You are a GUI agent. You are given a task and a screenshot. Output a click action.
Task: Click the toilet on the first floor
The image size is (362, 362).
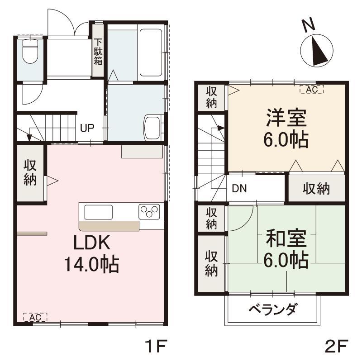(x=30, y=51)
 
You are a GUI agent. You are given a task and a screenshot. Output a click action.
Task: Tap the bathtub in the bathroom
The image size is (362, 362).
(x=151, y=52)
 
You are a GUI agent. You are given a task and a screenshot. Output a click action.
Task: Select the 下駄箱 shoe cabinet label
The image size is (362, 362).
(x=98, y=52)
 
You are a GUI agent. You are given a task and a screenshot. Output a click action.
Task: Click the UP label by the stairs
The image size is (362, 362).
(x=87, y=128)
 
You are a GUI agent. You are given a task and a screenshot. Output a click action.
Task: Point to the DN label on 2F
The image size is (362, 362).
(x=239, y=188)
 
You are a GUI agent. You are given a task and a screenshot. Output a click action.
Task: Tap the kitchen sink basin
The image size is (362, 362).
(x=99, y=212)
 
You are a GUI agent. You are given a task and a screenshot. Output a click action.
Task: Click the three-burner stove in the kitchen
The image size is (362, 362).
(x=149, y=211)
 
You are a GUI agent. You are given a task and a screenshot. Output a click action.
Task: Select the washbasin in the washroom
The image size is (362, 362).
(x=152, y=128)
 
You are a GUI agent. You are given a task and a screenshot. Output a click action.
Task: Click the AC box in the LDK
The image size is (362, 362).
(x=35, y=317)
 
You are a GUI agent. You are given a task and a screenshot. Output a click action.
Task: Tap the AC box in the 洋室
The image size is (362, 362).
(x=312, y=90)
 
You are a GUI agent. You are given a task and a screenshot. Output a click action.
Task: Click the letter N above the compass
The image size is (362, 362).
(x=309, y=24)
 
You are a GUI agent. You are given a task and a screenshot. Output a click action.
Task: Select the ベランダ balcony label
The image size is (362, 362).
(x=272, y=309)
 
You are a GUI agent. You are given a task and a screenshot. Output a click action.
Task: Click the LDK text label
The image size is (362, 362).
(x=92, y=243)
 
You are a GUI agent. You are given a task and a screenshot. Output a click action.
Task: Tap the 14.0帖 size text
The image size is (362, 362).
(x=92, y=264)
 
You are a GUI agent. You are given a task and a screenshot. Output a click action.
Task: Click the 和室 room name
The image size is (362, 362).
(x=286, y=238)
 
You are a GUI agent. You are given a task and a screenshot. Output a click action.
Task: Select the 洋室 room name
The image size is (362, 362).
(x=286, y=118)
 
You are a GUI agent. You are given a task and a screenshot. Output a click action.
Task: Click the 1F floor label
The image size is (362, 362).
(x=156, y=346)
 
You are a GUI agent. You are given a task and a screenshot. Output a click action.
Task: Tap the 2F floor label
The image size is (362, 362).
(x=336, y=346)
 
